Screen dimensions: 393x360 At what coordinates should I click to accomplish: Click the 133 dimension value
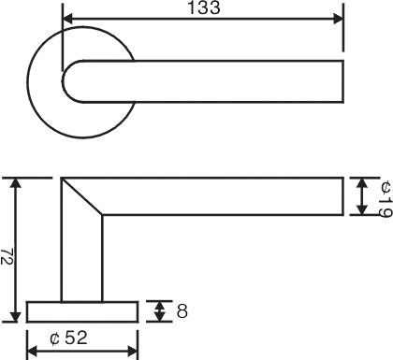pos(204,7)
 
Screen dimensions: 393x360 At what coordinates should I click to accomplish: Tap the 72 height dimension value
pos(7,256)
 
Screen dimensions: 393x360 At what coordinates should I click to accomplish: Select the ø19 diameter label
pos(386,198)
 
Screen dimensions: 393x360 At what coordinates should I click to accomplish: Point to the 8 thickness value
pos(182,311)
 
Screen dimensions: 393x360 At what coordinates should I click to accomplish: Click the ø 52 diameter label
pos(68,338)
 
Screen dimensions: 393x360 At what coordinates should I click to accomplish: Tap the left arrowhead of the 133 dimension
pos(68,19)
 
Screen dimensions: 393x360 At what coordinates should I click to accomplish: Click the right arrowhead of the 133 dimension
pos(338,19)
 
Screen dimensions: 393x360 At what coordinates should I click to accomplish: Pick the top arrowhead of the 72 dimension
pos(16,183)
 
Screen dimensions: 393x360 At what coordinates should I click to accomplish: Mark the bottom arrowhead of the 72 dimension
pos(16,317)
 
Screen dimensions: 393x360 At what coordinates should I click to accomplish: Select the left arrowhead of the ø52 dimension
pos(33,352)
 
